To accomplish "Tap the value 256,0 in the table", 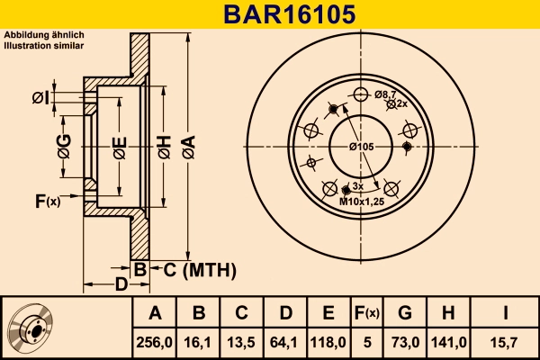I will point(155,343).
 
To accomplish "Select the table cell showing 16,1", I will point(199,343).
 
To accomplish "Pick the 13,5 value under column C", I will point(242,343).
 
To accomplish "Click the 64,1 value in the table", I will point(285,343).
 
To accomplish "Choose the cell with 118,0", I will point(328,343).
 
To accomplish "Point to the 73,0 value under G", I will point(405,343).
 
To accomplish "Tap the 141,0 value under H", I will point(447,343).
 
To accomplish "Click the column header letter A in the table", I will point(155,313).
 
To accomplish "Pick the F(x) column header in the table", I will point(366,313).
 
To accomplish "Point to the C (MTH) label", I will point(199,269).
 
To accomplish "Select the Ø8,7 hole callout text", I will point(385,94).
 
